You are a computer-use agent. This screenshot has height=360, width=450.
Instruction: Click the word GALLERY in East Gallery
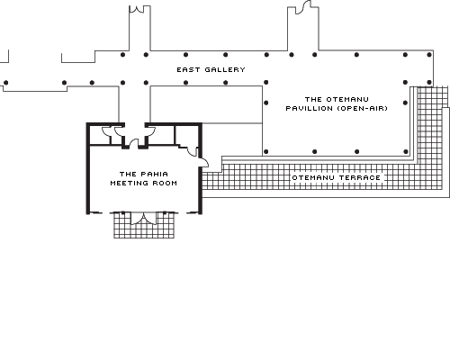225,70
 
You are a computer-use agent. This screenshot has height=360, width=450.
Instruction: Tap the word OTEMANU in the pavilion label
347,99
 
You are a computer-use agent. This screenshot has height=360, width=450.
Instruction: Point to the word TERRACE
360,178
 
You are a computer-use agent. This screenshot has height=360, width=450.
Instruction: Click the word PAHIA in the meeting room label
155,174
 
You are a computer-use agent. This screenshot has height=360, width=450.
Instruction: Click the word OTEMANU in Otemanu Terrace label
313,178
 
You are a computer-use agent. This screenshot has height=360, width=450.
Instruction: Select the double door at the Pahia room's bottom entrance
144,219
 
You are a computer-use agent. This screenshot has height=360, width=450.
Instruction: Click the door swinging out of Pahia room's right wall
204,163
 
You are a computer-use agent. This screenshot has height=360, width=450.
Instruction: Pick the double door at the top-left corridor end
137,9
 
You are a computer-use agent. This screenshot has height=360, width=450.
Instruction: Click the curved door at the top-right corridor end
303,8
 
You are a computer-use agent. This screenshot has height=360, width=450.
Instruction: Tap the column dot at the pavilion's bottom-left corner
265,152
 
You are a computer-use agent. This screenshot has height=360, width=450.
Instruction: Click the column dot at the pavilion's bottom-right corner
406,152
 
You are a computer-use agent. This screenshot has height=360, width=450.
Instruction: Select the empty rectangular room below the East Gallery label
206,104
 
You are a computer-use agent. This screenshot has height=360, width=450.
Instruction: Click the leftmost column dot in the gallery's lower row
5,83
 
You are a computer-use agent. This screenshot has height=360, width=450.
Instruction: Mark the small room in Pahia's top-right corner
186,136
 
